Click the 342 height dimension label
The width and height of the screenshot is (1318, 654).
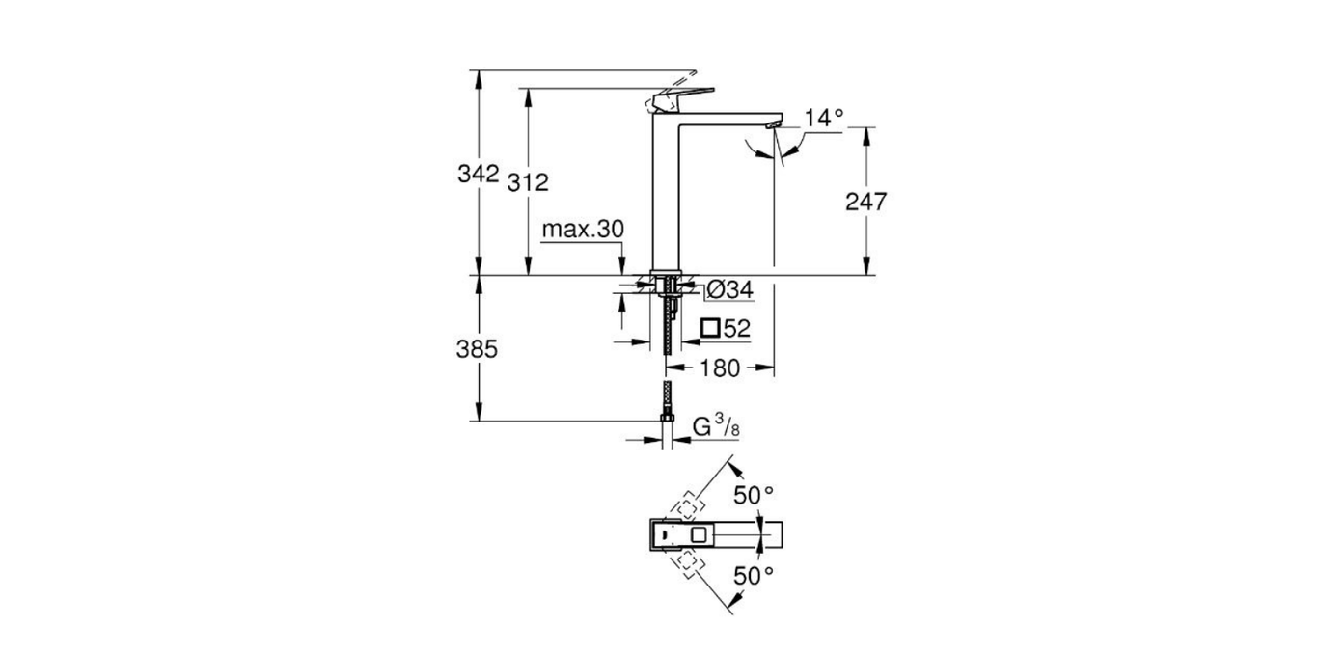(478, 175)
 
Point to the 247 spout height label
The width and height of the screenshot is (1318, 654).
(865, 202)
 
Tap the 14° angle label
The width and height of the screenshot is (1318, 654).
(824, 118)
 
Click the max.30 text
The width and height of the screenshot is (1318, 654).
(583, 230)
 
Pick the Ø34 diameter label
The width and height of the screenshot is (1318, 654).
(729, 288)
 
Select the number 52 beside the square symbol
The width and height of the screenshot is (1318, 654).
(737, 329)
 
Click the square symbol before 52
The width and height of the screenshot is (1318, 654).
(710, 329)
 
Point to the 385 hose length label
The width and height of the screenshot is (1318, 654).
(477, 349)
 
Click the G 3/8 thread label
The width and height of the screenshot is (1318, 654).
(716, 425)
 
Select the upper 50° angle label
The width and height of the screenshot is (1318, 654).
(754, 496)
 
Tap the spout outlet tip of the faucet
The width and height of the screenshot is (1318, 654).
(771, 124)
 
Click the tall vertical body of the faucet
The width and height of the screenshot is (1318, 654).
(667, 193)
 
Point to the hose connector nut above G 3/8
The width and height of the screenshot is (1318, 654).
(665, 417)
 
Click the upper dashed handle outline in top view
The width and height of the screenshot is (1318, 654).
(688, 505)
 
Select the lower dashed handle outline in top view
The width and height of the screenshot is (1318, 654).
(688, 562)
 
